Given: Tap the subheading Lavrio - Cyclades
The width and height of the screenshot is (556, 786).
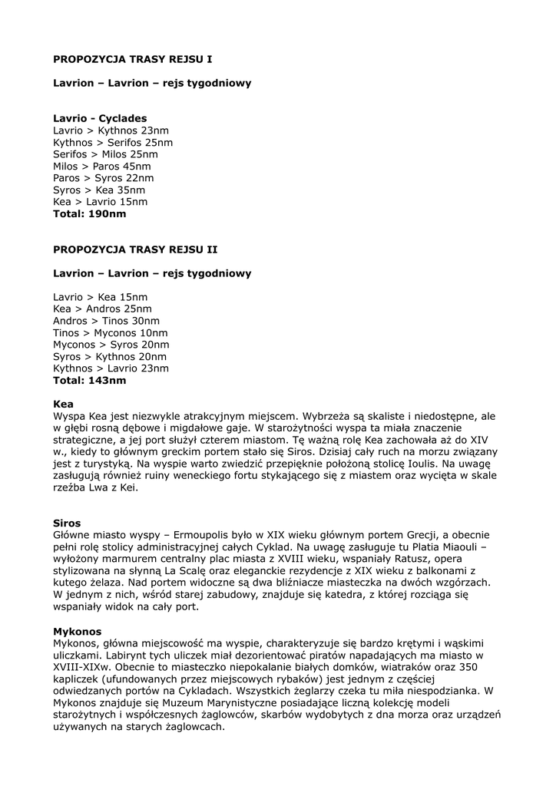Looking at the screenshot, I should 100,119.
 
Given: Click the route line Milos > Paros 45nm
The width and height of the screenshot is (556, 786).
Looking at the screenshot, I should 102,167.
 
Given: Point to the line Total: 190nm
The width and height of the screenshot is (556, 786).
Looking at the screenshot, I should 90,214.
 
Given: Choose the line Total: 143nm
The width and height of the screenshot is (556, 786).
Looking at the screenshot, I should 90,380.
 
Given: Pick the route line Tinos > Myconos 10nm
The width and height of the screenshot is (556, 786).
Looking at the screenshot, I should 111,333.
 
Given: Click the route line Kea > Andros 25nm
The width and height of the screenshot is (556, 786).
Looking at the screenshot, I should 102,309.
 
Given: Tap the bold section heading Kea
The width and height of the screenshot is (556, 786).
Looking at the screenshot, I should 64,403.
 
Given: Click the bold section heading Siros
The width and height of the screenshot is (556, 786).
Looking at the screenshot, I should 67,523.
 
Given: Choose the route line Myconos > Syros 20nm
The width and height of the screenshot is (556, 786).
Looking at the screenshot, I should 111,345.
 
